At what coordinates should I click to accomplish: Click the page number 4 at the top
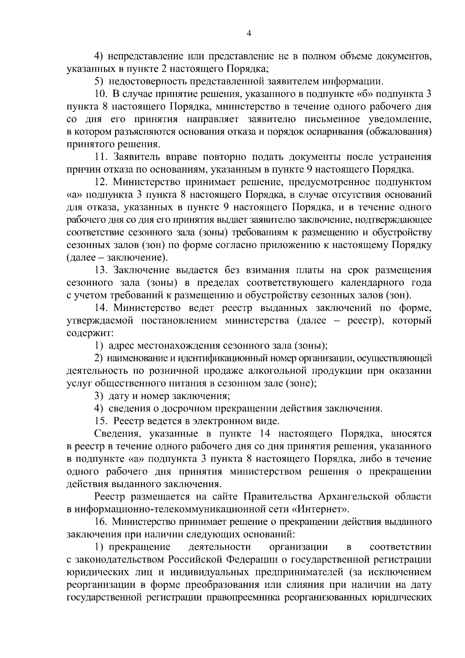point(249,34)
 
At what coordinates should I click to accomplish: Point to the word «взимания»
point(252,270)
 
